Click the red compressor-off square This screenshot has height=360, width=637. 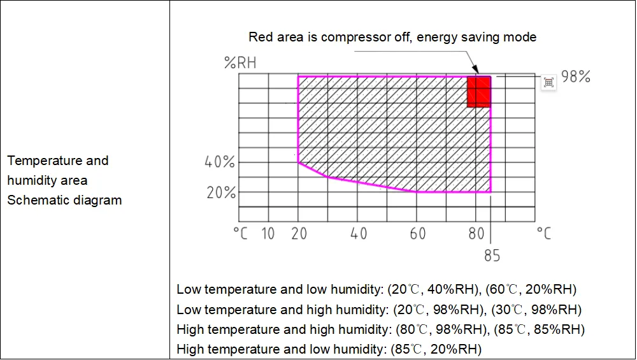click(479, 92)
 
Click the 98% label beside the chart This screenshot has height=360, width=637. click(576, 77)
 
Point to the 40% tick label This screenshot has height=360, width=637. click(220, 162)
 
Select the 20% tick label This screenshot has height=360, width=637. click(221, 192)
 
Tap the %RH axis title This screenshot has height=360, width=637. click(240, 62)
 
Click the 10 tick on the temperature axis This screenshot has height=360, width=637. click(268, 234)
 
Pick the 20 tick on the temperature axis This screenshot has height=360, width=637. click(298, 234)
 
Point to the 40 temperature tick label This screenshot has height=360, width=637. click(359, 234)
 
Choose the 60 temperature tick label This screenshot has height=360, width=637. click(418, 234)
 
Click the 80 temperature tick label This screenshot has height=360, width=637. click(476, 234)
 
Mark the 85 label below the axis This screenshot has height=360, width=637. click(492, 256)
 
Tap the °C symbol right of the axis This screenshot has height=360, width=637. click(543, 233)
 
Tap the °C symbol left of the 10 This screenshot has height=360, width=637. click(240, 234)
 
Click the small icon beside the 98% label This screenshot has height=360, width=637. click(548, 82)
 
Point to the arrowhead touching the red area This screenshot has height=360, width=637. click(475, 71)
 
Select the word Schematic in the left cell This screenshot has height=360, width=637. click(37, 200)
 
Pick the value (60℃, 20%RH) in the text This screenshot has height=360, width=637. click(531, 290)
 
